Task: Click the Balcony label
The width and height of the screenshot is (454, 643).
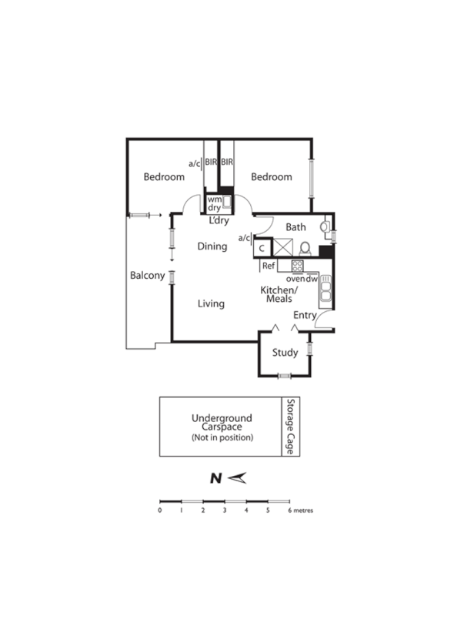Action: tap(148, 275)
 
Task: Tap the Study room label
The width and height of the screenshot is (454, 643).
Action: tap(285, 353)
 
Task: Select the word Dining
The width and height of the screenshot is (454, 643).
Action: tap(212, 247)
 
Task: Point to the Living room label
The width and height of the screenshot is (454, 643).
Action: tap(211, 304)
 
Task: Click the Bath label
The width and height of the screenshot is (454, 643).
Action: tap(295, 227)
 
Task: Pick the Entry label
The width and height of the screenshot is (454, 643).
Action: tap(305, 315)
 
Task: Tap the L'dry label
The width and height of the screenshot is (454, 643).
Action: tap(219, 221)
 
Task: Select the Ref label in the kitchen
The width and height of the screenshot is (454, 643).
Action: tap(269, 266)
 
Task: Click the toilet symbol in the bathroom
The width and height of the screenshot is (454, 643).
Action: tap(305, 248)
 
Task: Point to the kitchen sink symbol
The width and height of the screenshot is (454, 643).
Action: tap(325, 289)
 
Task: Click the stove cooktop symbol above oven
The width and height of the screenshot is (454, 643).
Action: tap(297, 266)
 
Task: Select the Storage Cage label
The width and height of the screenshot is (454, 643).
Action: tap(290, 425)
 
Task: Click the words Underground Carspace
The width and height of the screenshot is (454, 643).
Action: tap(222, 423)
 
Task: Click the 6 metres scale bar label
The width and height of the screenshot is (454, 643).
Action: tap(301, 510)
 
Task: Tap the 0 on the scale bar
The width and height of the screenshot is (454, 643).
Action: tap(159, 510)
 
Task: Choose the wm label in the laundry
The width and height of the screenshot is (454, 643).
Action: tap(213, 200)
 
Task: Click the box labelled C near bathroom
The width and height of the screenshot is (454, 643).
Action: tap(263, 248)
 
